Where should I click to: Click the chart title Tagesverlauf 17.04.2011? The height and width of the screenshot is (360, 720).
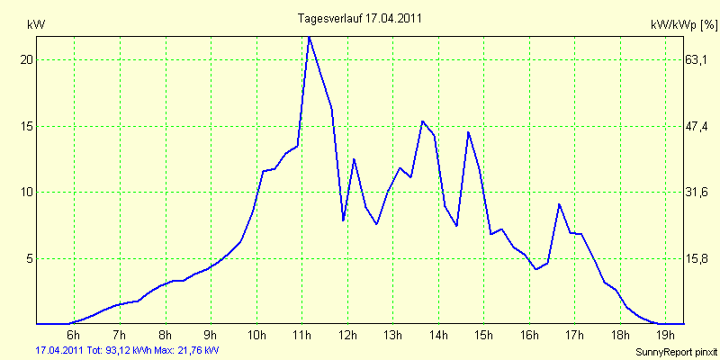pyautogui.click(x=359, y=18)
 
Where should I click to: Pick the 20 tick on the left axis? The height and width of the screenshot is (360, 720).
pyautogui.click(x=26, y=59)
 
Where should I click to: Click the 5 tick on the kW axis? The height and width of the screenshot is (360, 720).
pyautogui.click(x=29, y=258)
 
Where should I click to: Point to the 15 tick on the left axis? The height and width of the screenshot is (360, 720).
pyautogui.click(x=26, y=126)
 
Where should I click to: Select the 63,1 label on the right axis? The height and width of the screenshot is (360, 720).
pyautogui.click(x=700, y=59)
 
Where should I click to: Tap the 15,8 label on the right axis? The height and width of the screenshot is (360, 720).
pyautogui.click(x=700, y=258)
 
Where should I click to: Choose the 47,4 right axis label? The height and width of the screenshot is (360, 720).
pyautogui.click(x=700, y=126)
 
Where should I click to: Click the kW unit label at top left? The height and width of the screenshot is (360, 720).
pyautogui.click(x=36, y=25)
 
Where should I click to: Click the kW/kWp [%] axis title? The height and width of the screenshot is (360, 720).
pyautogui.click(x=683, y=27)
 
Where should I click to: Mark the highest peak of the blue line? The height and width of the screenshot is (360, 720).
pyautogui.click(x=310, y=36)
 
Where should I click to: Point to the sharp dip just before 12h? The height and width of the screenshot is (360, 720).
pyautogui.click(x=343, y=220)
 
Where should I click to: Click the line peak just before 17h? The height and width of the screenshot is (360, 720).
pyautogui.click(x=559, y=204)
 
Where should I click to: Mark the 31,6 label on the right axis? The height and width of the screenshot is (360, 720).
pyautogui.click(x=700, y=193)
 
